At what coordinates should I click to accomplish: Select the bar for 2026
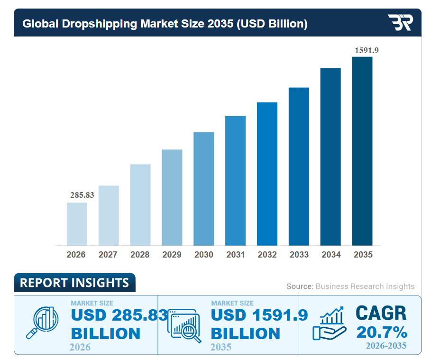(77, 224)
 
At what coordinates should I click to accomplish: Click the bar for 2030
(203, 188)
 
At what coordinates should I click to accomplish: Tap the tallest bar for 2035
(362, 151)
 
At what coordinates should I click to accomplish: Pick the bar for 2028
(140, 204)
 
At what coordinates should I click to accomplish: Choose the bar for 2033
(299, 166)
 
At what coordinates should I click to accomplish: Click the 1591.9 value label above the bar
(367, 50)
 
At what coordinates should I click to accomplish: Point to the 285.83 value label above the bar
(82, 195)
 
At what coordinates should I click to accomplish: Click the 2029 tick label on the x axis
(172, 255)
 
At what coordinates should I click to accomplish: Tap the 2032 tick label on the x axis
(267, 255)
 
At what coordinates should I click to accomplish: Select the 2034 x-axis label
(330, 255)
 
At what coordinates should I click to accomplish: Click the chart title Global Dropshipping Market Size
(165, 24)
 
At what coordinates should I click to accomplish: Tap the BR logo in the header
(400, 23)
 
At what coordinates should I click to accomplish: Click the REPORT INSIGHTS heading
(74, 283)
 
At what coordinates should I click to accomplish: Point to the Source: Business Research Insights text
(350, 286)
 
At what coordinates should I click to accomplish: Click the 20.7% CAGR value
(381, 332)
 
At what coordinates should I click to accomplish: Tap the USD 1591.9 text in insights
(259, 315)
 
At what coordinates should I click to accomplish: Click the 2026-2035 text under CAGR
(386, 345)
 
